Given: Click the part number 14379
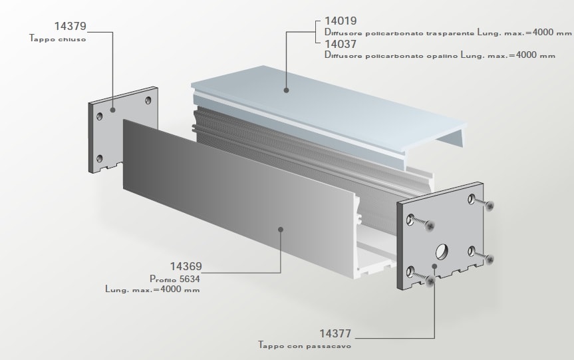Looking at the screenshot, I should (70, 27).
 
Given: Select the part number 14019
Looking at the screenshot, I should (341, 21).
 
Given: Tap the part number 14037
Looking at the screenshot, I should (341, 44).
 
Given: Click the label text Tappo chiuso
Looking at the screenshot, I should (58, 39).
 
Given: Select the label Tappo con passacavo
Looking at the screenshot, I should (305, 346).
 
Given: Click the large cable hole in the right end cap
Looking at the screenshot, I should (442, 252).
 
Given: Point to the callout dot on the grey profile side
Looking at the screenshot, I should (281, 230).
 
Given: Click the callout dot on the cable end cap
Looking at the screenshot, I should (434, 266).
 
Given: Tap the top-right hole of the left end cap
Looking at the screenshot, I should (147, 101).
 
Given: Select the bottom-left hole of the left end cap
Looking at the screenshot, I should (100, 158).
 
